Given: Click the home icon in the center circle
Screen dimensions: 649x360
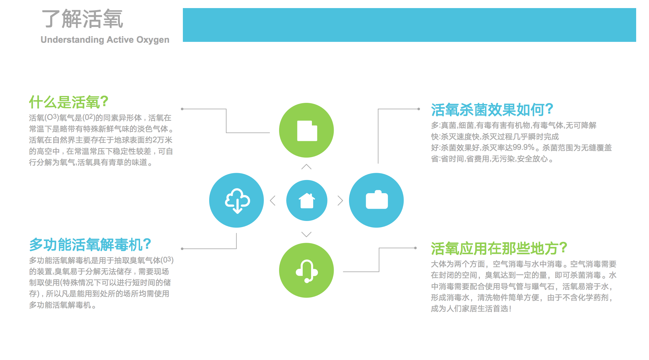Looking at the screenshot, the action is [x=307, y=200].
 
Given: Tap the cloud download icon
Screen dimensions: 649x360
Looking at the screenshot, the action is [x=238, y=201].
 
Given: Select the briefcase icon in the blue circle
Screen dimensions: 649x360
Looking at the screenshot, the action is [x=377, y=199].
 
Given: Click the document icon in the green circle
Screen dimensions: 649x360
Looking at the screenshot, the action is [x=307, y=131].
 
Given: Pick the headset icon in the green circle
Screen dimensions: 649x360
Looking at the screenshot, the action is [x=307, y=271].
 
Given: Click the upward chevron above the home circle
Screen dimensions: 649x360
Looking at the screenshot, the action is [x=307, y=167].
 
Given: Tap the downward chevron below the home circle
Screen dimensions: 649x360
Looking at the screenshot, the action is [x=307, y=234].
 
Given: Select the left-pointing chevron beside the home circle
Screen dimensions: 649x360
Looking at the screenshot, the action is [x=273, y=200].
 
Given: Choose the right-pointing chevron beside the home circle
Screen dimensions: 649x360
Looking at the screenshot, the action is [x=340, y=200].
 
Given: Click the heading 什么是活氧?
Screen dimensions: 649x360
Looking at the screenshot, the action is [x=68, y=102].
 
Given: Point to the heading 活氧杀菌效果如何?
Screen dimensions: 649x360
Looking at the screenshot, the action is [x=492, y=110].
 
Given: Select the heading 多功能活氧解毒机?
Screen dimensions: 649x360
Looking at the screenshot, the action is [x=90, y=245].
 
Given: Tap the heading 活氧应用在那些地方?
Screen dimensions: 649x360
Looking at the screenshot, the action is [x=499, y=248].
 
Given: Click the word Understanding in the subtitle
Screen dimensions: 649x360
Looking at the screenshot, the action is [x=72, y=40].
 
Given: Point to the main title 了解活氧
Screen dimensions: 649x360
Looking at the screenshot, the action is [x=82, y=19].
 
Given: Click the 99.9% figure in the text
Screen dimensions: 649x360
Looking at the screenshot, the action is [x=524, y=147].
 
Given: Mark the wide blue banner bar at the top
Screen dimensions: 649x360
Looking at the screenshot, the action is [x=409, y=25].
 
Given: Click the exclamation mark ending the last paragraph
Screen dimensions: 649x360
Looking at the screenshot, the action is [x=510, y=309].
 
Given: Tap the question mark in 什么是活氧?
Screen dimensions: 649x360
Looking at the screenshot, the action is [x=104, y=102].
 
